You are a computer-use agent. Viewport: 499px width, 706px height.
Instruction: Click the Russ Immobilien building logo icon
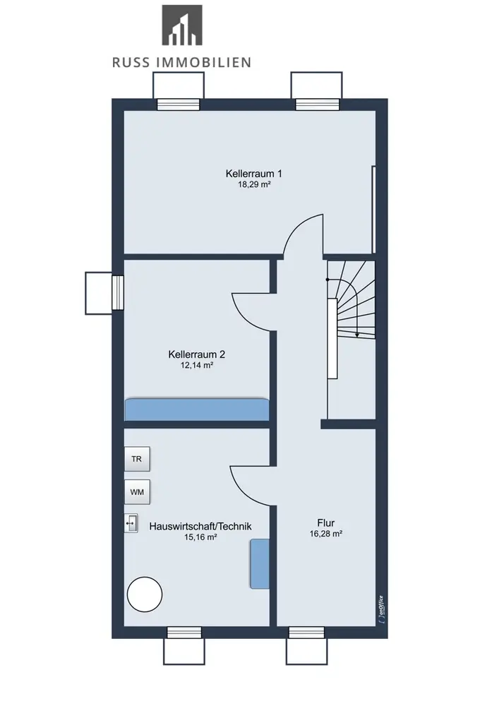click(x=182, y=25)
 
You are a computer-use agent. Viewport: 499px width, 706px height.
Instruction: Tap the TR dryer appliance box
click(x=137, y=459)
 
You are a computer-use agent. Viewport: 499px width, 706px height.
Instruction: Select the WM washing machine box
click(x=137, y=491)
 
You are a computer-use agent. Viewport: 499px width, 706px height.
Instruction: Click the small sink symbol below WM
click(x=131, y=523)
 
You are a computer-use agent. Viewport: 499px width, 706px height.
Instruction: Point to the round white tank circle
click(x=145, y=594)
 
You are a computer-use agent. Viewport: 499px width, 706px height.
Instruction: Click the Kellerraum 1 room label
click(x=254, y=174)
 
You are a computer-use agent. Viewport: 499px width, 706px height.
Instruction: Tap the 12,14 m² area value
click(x=197, y=365)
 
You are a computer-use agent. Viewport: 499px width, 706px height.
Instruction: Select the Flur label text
click(x=326, y=522)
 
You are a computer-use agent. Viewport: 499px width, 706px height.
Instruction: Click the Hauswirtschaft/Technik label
click(x=200, y=526)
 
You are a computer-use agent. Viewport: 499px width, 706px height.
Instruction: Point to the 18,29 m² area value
click(x=254, y=184)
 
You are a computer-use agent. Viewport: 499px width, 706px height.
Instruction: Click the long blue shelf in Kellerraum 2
click(x=197, y=409)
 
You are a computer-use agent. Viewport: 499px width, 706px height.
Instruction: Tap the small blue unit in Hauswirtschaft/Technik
click(x=260, y=563)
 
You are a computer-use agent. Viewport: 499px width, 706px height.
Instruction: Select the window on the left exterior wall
click(x=117, y=293)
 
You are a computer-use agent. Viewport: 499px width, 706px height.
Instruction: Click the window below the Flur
click(x=306, y=632)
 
